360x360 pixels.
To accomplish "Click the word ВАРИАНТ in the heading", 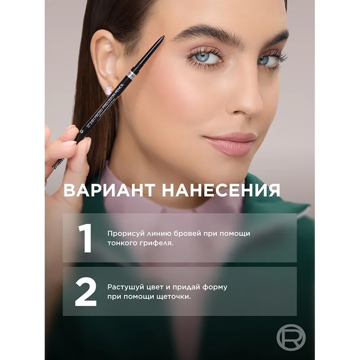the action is [109, 190].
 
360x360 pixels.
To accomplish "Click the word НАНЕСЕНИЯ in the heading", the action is [221, 190].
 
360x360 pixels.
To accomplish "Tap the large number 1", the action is [85, 238].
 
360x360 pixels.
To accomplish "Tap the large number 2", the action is [85, 292].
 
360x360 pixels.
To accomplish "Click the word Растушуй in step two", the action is [126, 287].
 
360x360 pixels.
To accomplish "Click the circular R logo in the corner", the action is [291, 337].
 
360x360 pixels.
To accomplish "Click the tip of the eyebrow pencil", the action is [163, 36].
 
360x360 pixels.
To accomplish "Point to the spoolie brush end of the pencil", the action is [58, 162].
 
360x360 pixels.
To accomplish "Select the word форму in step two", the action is [215, 288].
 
